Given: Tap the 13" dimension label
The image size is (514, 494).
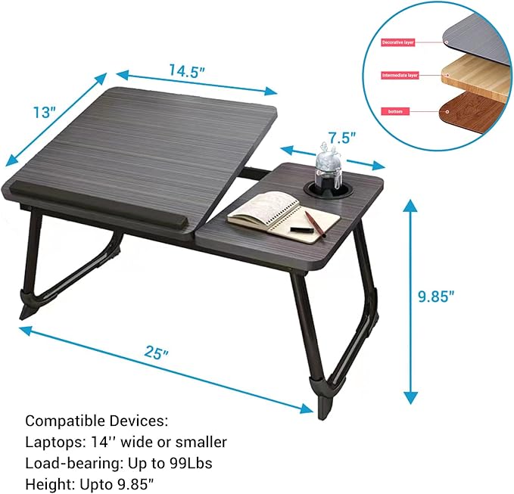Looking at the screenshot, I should (45, 113).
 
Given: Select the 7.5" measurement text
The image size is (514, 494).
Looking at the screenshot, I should (342, 138).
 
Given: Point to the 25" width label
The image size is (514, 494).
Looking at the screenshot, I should (154, 353).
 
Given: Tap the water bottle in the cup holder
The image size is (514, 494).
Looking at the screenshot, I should (326, 173).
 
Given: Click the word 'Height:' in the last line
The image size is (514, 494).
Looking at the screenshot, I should (47, 483).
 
